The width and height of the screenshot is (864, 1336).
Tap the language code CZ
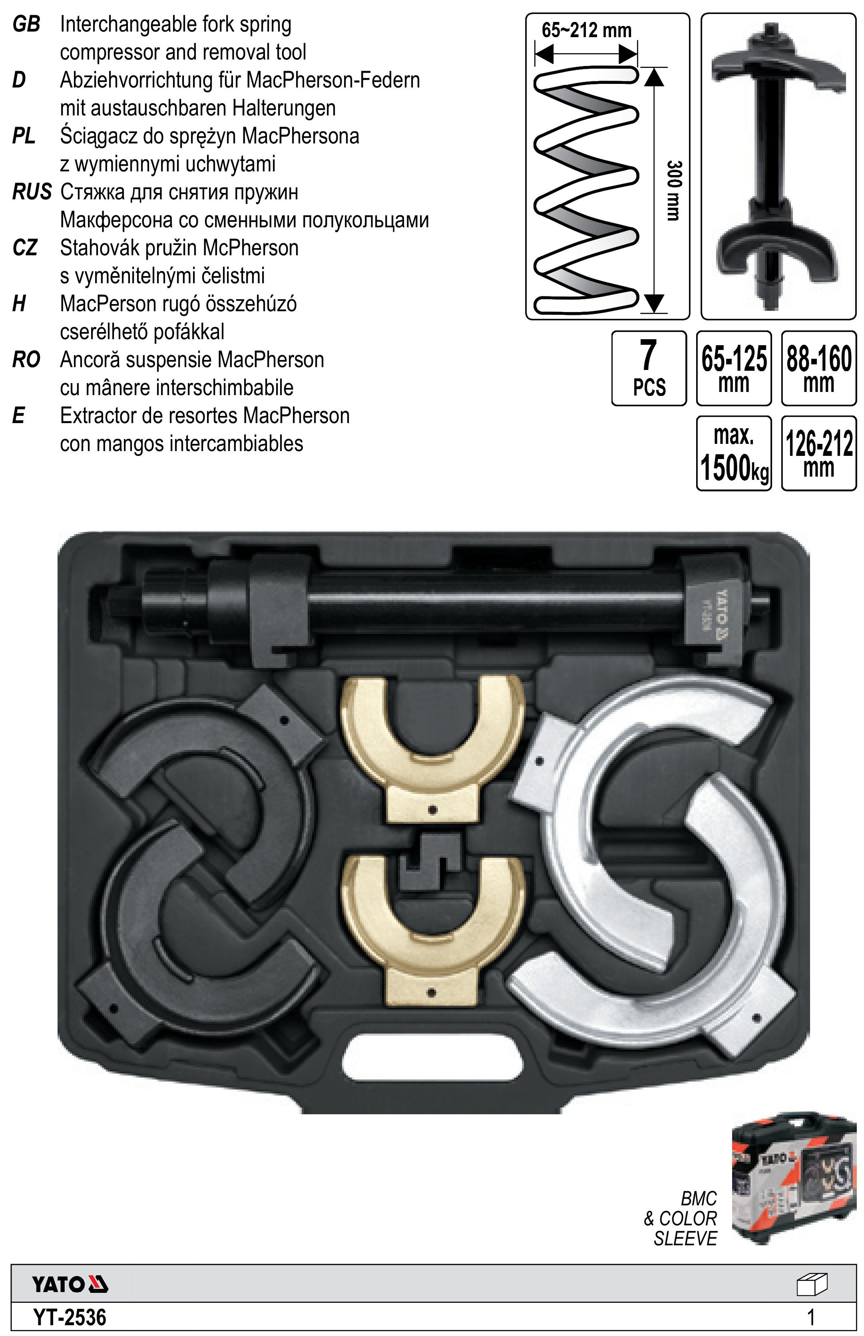(25, 248)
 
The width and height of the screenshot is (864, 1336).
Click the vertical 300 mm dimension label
(674, 190)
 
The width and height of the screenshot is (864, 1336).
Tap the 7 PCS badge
(649, 368)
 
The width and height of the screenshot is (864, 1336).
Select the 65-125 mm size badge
(734, 368)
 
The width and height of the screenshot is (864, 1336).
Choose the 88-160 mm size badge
(819, 368)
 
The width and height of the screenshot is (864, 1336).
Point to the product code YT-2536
(70, 1316)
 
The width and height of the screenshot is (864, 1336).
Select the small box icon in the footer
(812, 1284)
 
